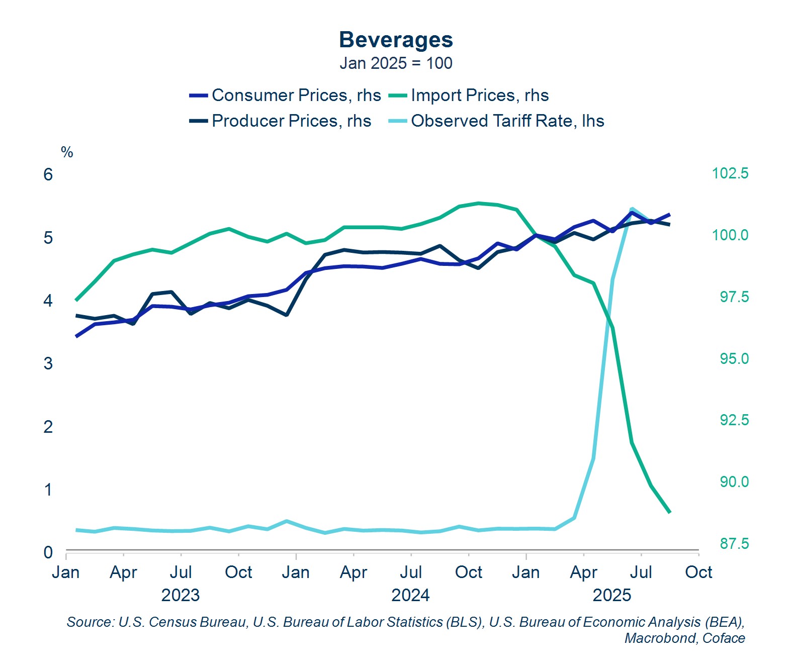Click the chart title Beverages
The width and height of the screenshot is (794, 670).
(x=396, y=40)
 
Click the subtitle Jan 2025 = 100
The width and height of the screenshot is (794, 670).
(x=396, y=63)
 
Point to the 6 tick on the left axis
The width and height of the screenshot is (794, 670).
(x=48, y=174)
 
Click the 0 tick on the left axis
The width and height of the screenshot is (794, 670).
(x=48, y=552)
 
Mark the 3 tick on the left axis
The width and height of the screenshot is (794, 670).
(x=48, y=363)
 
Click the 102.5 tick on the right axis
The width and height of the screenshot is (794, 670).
(x=730, y=173)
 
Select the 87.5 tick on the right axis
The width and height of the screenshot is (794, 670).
(x=734, y=543)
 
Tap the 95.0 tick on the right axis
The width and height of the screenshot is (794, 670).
(x=734, y=358)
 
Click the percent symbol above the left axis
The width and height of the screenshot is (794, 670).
(x=67, y=152)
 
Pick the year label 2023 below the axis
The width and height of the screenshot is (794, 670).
(x=180, y=595)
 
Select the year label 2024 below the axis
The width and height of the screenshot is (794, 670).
(x=410, y=595)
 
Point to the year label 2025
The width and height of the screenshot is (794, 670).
(x=611, y=595)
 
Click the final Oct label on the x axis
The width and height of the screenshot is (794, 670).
(x=698, y=572)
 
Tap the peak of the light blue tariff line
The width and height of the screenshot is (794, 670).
(x=632, y=209)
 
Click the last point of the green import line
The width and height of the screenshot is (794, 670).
(x=670, y=512)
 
